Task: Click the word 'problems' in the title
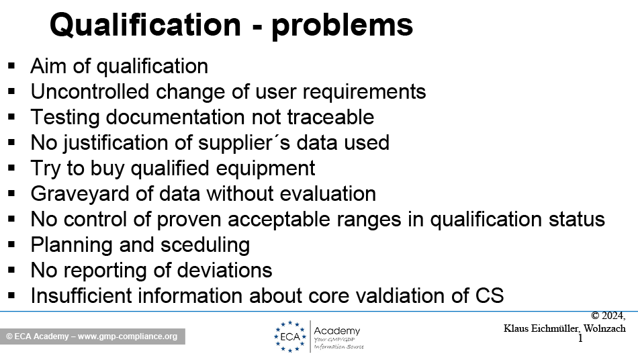[343, 26]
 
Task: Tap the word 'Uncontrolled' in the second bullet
[89, 91]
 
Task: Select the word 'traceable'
[330, 117]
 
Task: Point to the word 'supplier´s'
[244, 143]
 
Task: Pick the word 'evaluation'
[328, 193]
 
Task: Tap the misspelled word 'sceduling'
[205, 245]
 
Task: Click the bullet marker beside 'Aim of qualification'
[11, 66]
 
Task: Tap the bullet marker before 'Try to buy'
[11, 168]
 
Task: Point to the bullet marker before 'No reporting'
[11, 270]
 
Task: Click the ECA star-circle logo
[290, 336]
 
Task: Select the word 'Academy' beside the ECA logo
[337, 330]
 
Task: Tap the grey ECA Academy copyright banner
[93, 336]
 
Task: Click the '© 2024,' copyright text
[608, 316]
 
